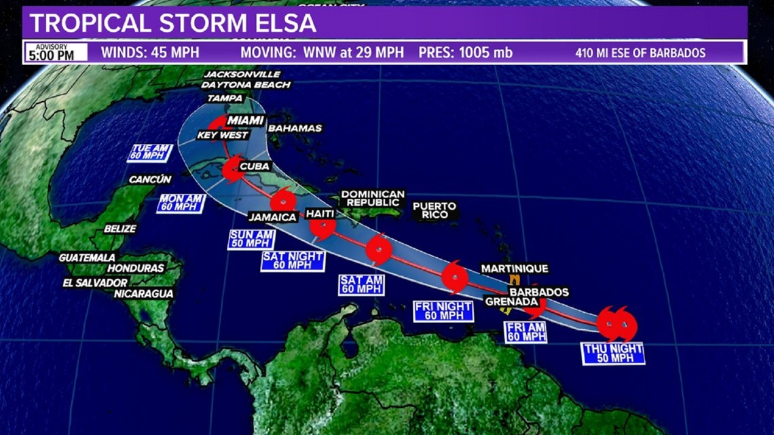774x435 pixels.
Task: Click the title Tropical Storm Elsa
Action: click(x=173, y=23)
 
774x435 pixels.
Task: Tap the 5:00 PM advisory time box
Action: click(x=56, y=53)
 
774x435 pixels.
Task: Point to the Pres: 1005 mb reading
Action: click(x=465, y=53)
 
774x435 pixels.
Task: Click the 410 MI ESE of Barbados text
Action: click(x=640, y=53)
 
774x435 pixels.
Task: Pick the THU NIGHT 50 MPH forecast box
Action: click(x=613, y=354)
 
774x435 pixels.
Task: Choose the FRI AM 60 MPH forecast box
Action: click(x=526, y=331)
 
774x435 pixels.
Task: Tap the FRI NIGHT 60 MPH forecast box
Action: click(x=443, y=311)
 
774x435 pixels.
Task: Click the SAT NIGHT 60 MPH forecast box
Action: click(x=292, y=261)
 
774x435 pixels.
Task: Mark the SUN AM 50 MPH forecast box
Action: click(x=251, y=239)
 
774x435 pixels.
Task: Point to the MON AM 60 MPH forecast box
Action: click(x=181, y=203)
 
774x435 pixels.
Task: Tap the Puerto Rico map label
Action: click(x=435, y=210)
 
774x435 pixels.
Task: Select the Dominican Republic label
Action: click(x=373, y=199)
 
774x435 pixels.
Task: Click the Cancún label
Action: click(x=150, y=180)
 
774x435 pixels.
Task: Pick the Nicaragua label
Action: click(x=143, y=294)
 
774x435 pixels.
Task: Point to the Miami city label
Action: click(x=245, y=121)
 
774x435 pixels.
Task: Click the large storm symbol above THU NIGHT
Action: click(x=616, y=324)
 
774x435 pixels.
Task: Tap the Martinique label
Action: click(x=514, y=269)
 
